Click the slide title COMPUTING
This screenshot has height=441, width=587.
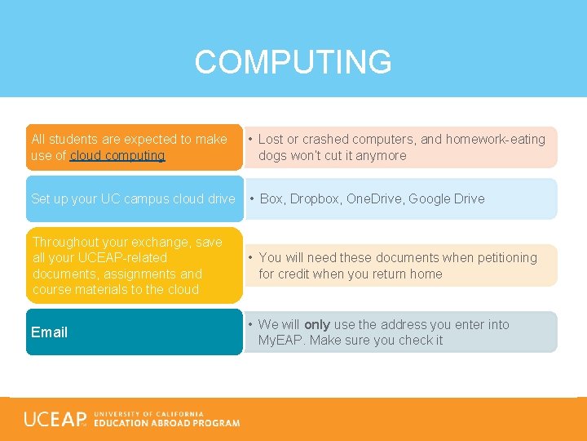click(293, 62)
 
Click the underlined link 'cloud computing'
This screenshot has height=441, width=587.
click(117, 155)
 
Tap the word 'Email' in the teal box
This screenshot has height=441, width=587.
click(49, 332)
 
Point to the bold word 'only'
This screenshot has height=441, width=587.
click(316, 324)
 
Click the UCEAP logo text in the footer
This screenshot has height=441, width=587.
click(55, 420)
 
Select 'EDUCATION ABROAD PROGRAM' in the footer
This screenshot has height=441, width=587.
click(166, 423)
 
